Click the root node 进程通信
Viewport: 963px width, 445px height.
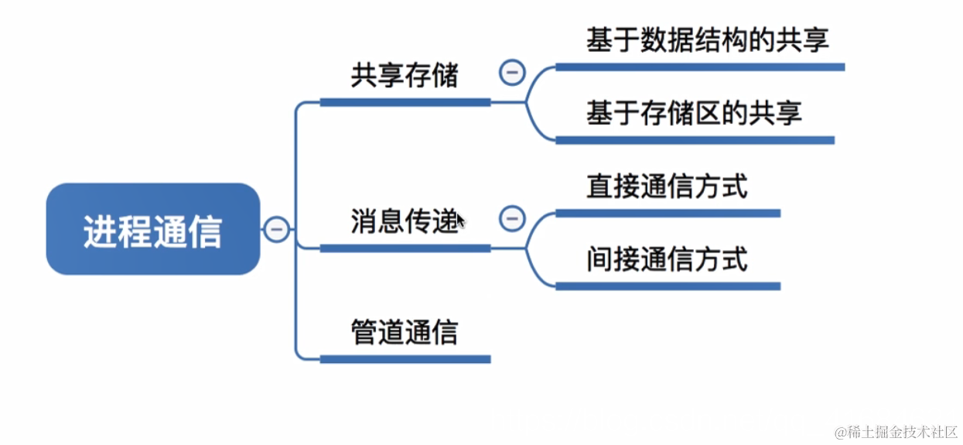153,230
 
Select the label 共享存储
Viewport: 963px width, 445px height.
405,76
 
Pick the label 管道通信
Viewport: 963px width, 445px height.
405,333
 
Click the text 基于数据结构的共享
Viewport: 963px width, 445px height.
707,39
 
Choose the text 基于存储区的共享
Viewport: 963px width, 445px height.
694,113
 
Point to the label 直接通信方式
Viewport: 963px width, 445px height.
667,187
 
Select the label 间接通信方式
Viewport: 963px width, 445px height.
667,259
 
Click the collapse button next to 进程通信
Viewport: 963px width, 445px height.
277,230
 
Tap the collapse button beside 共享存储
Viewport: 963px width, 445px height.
511,73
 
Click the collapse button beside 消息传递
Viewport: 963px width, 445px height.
511,219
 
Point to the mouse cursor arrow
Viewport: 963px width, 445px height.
460,221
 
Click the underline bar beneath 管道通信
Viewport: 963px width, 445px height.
405,359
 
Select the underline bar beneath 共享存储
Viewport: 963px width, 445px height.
405,102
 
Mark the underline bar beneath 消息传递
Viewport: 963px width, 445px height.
405,248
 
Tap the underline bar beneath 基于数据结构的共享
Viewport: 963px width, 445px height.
700,67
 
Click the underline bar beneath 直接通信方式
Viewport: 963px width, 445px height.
668,214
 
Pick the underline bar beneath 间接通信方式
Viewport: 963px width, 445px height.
668,286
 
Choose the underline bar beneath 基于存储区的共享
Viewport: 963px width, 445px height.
695,140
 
